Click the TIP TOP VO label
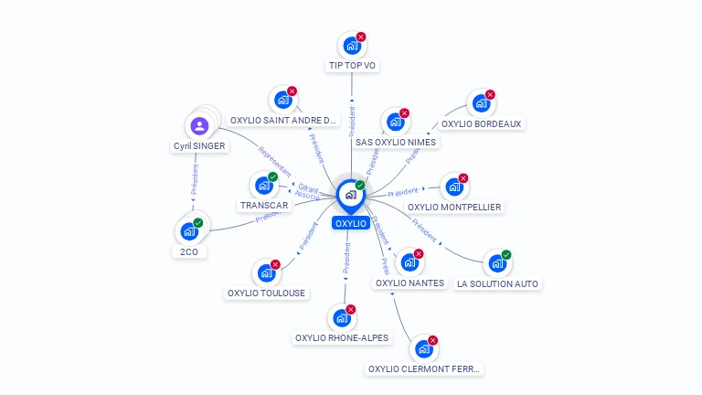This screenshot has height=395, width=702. pyautogui.click(x=352, y=66)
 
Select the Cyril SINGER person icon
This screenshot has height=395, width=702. pyautogui.click(x=201, y=126)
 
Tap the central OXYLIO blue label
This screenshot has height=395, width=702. pyautogui.click(x=351, y=223)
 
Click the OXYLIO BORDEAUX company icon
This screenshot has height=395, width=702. pyautogui.click(x=480, y=102)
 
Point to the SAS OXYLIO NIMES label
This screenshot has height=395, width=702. pyautogui.click(x=397, y=142)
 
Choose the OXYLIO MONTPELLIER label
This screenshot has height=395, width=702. pyautogui.click(x=454, y=208)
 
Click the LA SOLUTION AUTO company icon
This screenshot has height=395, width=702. pyautogui.click(x=497, y=263)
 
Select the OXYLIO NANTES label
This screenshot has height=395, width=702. pyautogui.click(x=409, y=283)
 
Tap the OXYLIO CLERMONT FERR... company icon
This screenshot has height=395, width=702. pyautogui.click(x=422, y=348)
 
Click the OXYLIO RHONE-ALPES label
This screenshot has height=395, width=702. pyautogui.click(x=342, y=338)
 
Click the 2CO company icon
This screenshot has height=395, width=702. pyautogui.click(x=188, y=231)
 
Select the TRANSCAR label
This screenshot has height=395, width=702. pyautogui.click(x=264, y=206)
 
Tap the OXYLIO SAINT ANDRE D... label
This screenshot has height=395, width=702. pyautogui.click(x=284, y=120)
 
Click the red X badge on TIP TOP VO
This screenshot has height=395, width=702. pyautogui.click(x=361, y=37)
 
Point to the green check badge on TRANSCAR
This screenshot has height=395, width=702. pyautogui.click(x=272, y=176)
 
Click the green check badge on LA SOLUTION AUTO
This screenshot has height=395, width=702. pyautogui.click(x=506, y=255)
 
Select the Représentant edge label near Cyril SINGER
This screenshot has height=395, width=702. pyautogui.click(x=273, y=159)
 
